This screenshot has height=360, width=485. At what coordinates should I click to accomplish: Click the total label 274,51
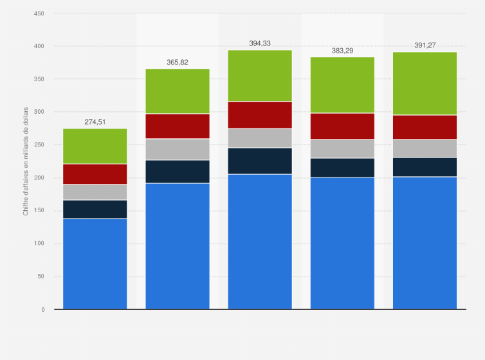95,122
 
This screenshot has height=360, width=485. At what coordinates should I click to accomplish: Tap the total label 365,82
177,62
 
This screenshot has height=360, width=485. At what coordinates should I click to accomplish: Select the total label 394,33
260,43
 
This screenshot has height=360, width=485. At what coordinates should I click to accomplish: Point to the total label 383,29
342,50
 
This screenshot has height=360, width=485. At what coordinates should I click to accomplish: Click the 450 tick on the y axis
39,14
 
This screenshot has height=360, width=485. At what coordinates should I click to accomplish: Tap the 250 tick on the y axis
39,145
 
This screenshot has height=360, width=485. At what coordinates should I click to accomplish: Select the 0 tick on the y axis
42,310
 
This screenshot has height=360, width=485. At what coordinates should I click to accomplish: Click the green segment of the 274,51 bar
95,146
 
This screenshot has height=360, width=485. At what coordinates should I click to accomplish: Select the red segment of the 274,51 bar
95,174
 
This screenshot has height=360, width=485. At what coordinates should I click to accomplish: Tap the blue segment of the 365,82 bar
177,246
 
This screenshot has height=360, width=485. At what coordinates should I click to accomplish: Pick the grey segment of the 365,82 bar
177,149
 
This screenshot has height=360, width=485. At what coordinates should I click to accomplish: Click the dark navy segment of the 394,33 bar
260,161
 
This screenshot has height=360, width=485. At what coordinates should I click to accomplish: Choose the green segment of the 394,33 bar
260,76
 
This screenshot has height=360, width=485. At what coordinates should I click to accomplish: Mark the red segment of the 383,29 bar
342,126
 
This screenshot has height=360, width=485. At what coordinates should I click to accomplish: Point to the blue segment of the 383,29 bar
342,243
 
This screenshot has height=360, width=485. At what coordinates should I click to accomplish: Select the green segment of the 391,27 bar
425,84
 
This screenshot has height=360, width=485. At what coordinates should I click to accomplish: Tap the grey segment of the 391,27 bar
425,148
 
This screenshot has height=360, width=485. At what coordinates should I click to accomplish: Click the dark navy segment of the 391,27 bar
425,167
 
